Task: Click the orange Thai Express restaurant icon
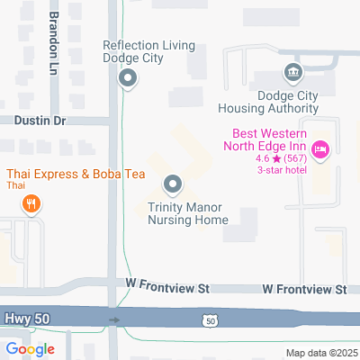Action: coord(31,203)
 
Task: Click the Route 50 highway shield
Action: coord(209,320)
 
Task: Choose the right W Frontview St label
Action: coord(304,289)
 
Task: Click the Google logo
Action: coord(30,349)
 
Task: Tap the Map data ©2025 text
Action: coord(321,352)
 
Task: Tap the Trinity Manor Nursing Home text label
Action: coord(184,212)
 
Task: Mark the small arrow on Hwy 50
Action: coord(114,319)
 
